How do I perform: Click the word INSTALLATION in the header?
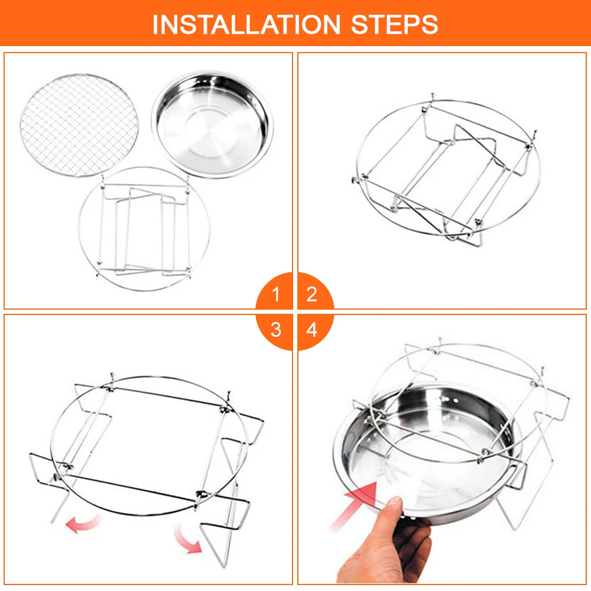click(x=246, y=24)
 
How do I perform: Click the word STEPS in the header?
click(x=394, y=24)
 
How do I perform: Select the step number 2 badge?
click(x=314, y=291)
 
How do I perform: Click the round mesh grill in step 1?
click(x=79, y=125)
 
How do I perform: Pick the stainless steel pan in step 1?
click(x=212, y=124)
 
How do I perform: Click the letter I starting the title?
click(x=154, y=24)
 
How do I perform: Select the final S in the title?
click(x=430, y=24)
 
